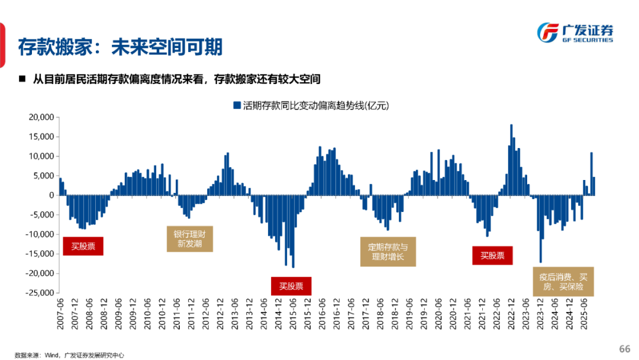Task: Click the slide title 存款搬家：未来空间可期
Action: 120,47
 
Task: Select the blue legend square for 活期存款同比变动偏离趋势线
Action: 237,106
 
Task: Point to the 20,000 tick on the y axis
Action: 41,117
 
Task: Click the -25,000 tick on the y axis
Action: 40,292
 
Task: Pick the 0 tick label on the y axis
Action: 51,195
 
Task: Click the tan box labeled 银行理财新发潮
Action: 189,238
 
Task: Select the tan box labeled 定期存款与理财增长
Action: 388,252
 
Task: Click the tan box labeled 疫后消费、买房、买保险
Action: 563,281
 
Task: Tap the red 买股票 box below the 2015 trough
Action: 291,286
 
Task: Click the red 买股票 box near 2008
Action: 83,246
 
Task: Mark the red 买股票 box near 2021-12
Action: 492,256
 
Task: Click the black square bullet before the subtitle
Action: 22,78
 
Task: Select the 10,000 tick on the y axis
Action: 41,156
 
